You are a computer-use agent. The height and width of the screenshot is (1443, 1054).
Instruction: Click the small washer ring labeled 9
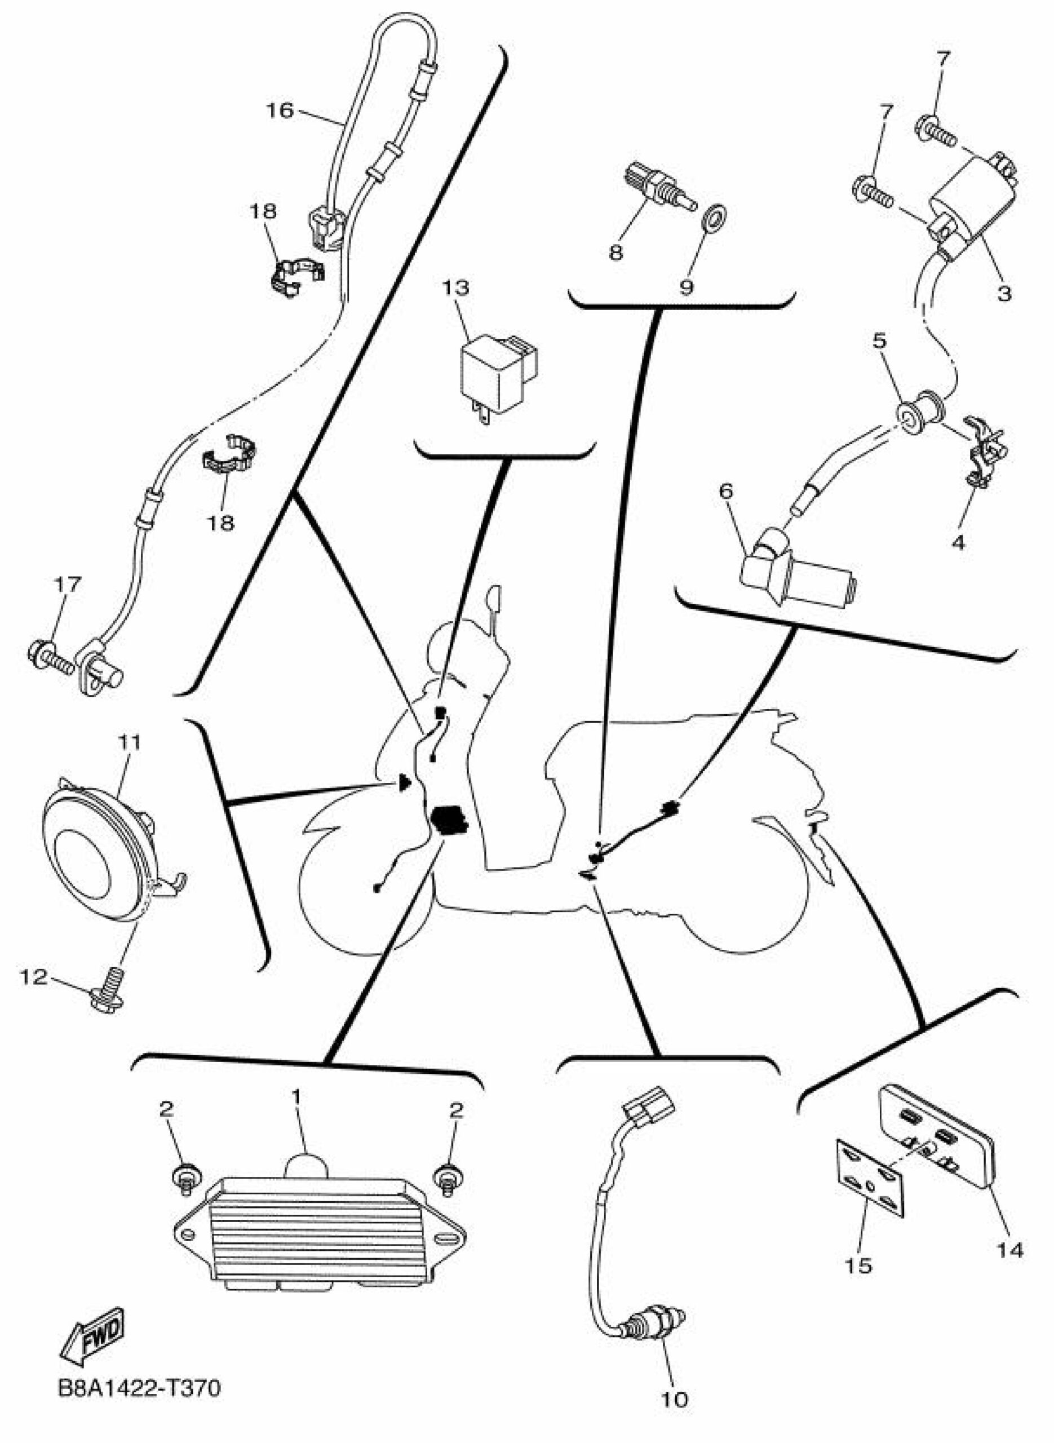[714, 219]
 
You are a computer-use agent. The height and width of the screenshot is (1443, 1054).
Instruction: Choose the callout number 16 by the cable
[280, 111]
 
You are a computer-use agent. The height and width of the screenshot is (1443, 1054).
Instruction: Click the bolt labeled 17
[50, 659]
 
